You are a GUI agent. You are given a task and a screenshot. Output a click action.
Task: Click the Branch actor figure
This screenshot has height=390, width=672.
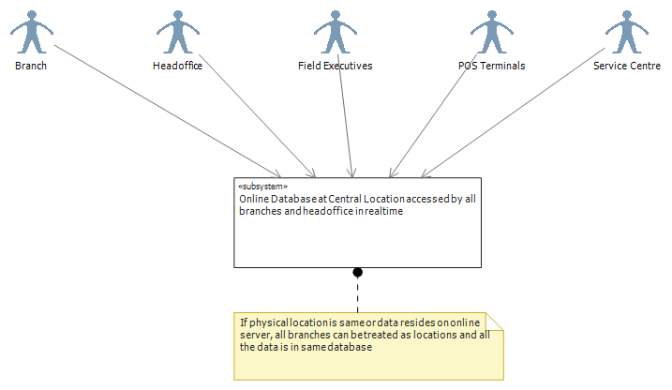coord(32,33)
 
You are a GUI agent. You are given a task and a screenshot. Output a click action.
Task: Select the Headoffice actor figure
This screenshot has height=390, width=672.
coord(178,33)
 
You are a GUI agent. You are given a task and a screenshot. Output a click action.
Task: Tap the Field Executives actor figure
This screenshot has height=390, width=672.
coord(336,33)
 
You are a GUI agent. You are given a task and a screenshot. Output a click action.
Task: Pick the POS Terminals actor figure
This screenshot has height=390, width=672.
coord(491,33)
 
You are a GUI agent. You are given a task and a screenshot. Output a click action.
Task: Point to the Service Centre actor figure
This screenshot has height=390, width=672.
coord(627,33)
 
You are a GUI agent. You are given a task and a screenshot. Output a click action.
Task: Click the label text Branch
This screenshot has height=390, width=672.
coord(31,66)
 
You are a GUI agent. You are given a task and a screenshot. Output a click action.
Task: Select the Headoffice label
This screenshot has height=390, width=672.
coord(177,66)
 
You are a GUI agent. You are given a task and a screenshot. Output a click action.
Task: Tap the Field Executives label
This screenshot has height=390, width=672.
coord(336,66)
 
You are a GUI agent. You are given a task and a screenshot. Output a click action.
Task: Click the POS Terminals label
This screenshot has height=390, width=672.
coord(491,66)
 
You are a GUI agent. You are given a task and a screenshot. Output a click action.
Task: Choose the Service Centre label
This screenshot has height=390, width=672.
coord(627,66)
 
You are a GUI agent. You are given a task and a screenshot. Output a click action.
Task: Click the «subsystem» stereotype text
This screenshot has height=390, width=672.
coord(262,187)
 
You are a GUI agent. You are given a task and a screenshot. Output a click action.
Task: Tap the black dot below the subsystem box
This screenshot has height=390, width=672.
coord(357,272)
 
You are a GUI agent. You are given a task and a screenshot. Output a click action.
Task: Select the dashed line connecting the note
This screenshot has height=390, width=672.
coord(357,295)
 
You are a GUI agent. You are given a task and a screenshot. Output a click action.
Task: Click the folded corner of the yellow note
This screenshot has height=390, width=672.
coord(494,322)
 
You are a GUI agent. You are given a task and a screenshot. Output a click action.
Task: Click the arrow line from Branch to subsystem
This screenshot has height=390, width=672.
coord(168,111)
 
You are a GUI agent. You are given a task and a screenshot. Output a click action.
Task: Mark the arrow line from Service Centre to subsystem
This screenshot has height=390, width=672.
coord(513,112)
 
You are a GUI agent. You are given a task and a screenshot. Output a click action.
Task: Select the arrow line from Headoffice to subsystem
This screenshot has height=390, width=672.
coord(257,115)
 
